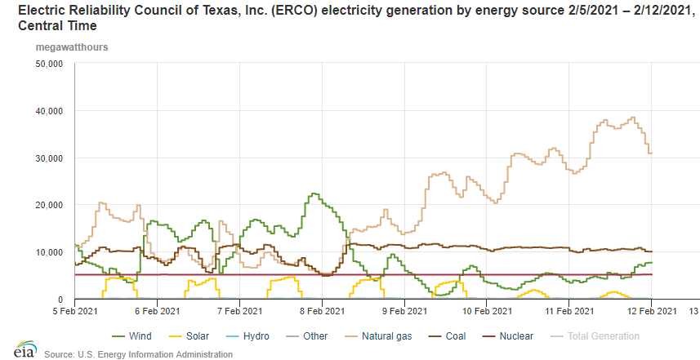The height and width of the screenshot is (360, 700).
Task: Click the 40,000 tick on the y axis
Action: (x=52, y=110)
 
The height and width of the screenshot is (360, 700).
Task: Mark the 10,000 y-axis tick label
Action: (x=52, y=252)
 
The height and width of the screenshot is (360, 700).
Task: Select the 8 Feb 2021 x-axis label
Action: (x=322, y=311)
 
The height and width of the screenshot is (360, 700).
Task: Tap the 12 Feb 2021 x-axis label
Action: (x=651, y=311)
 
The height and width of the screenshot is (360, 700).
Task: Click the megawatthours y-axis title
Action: (x=60, y=47)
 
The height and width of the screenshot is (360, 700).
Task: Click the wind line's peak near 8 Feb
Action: (x=314, y=194)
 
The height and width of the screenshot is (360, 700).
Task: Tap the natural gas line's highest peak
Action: (x=632, y=118)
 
